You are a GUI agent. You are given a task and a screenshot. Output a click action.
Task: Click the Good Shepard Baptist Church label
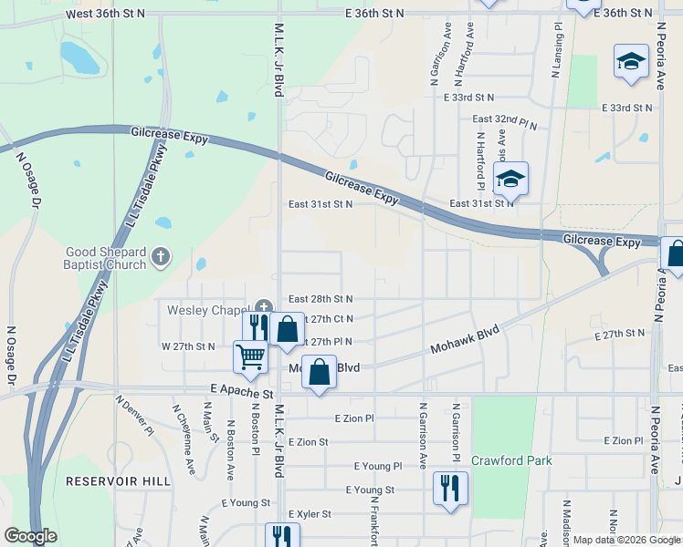105,258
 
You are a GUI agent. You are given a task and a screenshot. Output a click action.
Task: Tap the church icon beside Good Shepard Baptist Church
161,258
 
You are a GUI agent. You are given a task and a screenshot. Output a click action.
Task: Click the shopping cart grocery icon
250,356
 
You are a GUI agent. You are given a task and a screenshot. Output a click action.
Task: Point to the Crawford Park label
511,460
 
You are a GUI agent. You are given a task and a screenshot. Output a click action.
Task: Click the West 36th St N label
106,14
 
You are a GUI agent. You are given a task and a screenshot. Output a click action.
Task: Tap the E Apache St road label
241,393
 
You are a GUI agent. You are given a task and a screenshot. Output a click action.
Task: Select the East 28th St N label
320,299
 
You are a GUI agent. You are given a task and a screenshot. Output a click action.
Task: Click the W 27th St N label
188,346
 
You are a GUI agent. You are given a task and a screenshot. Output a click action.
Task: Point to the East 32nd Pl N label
505,119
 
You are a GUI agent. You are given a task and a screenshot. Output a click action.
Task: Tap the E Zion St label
308,441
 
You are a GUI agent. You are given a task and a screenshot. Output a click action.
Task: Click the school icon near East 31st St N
510,179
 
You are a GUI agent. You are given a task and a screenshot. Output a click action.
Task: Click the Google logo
29,536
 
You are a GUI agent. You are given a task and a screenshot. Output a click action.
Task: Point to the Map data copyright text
626,540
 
